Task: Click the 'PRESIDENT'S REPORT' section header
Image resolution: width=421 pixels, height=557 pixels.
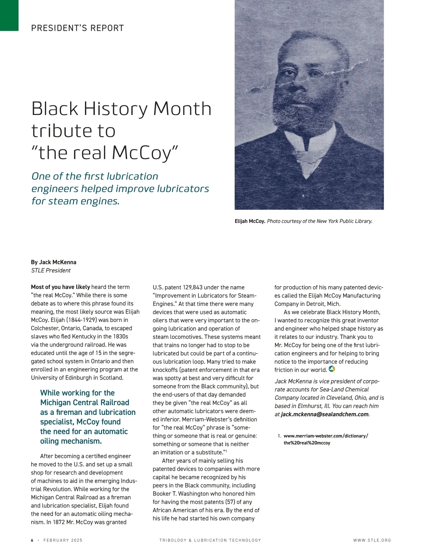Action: pos(78,28)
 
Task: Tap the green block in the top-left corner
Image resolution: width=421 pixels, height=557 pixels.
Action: pos(9,15)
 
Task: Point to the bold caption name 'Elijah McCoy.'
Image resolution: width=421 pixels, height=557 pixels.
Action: pos(250,221)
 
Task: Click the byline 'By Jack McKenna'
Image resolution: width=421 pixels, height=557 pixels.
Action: pos(54,262)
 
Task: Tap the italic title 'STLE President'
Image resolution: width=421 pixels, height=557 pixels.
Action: pos(51,270)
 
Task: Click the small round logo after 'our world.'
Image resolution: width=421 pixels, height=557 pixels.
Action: pos(332,369)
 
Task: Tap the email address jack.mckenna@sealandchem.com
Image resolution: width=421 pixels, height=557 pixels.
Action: pos(325,414)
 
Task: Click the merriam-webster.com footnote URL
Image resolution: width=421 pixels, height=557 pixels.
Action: pos(326,439)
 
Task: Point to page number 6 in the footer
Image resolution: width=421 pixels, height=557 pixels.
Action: pos(32,540)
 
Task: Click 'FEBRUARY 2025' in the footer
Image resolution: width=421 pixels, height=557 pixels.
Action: pos(63,540)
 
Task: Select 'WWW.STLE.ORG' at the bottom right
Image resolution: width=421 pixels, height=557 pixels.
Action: pos(372,540)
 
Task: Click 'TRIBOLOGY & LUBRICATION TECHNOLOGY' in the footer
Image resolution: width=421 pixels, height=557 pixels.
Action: pos(210,540)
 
